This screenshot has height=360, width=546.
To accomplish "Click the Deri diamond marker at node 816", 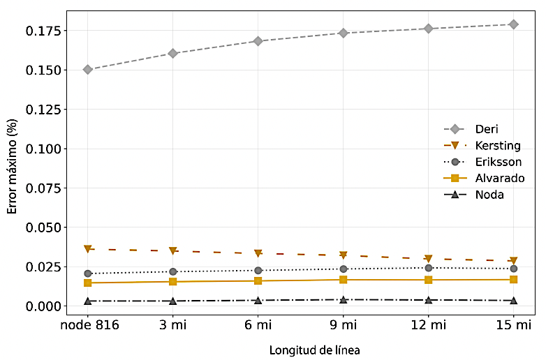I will point(88,70).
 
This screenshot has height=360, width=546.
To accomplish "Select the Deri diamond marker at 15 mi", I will point(514,24).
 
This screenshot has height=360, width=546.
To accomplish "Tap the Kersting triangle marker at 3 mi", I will point(173,250).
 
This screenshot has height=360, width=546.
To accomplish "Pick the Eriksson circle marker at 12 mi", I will point(429,268).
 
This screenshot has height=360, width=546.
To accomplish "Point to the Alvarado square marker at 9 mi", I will point(344,280).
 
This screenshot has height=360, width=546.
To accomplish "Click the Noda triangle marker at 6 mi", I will point(258,301).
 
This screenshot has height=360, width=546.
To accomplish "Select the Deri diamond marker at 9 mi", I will point(344,33).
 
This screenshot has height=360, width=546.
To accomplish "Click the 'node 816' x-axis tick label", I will point(88,325).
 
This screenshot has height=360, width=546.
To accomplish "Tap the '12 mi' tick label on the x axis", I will point(429,325).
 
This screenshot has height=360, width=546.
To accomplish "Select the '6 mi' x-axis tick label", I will point(258,325).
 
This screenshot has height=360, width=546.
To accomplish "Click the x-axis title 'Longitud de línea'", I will point(315,350).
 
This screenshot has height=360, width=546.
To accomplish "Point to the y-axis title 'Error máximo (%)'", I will point(12,167).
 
